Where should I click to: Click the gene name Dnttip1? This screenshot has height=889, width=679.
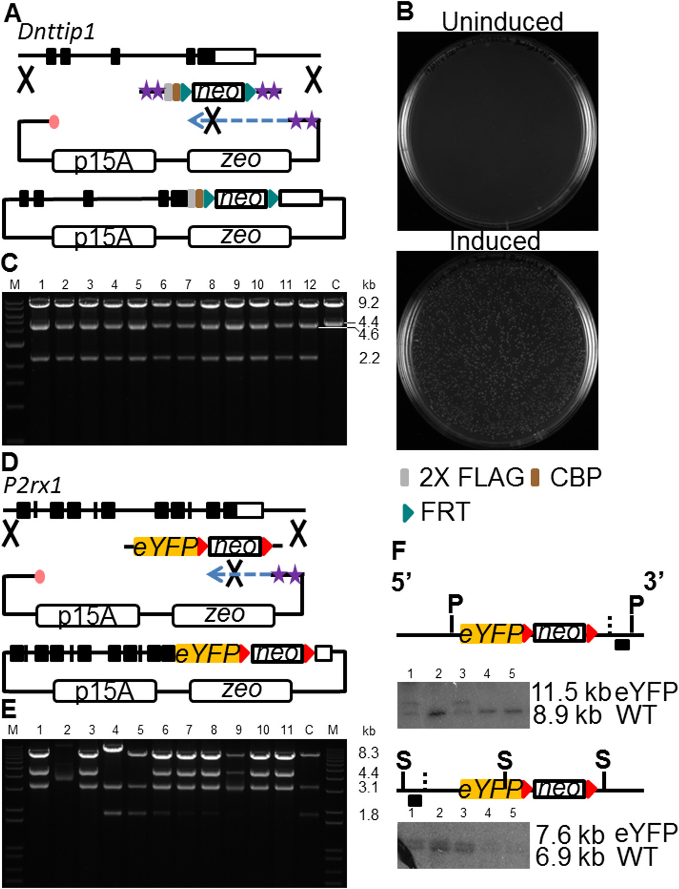click(x=56, y=32)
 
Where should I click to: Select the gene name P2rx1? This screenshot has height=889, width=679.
click(x=33, y=485)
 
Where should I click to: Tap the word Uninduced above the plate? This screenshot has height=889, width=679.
click(x=502, y=22)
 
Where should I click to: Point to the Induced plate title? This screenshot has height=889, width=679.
click(x=495, y=241)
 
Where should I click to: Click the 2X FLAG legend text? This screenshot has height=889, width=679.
click(x=471, y=477)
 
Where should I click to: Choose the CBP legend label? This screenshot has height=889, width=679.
click(x=576, y=477)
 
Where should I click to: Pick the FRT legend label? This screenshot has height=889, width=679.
click(x=445, y=512)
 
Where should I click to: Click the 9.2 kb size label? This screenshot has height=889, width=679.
click(x=368, y=303)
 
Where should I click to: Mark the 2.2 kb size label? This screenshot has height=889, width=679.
click(x=369, y=358)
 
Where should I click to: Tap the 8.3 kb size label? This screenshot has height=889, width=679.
click(x=368, y=753)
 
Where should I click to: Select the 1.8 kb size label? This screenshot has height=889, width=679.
click(x=369, y=814)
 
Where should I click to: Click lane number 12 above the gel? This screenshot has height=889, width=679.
click(x=309, y=284)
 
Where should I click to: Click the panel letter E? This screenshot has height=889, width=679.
click(x=9, y=709)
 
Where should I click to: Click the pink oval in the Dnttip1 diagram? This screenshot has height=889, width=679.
click(x=54, y=121)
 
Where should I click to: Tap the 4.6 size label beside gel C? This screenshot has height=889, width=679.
click(x=368, y=334)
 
